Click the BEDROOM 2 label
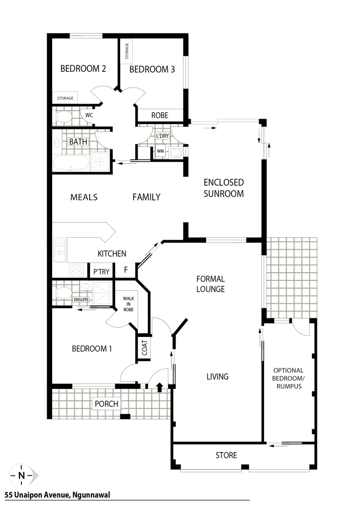click(83, 69)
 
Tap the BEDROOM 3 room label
click(152, 69)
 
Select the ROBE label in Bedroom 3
click(160, 115)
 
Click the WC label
click(89, 115)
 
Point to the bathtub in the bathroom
click(71, 163)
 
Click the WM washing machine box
click(160, 151)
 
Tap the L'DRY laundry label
click(162, 136)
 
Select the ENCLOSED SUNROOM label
click(223, 188)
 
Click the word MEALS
click(84, 197)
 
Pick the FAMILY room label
click(146, 197)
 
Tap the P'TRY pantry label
click(101, 271)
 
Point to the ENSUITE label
click(81, 299)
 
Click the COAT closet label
click(144, 348)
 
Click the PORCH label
click(107, 404)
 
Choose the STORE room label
click(226, 455)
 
